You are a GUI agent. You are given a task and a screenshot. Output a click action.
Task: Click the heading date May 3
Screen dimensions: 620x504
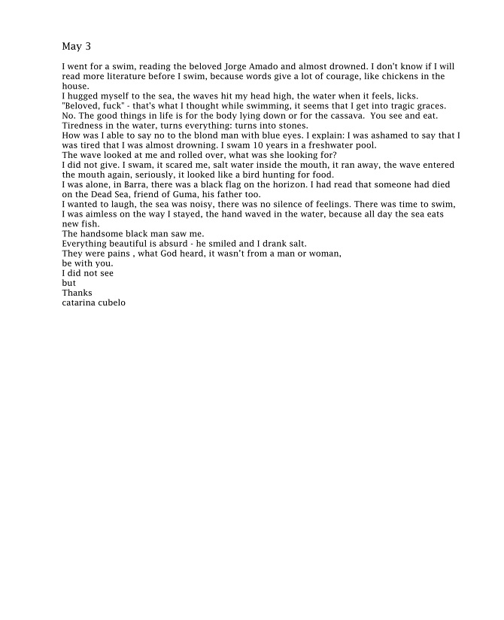76,47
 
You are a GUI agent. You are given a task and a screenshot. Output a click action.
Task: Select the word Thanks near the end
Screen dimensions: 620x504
76,293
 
